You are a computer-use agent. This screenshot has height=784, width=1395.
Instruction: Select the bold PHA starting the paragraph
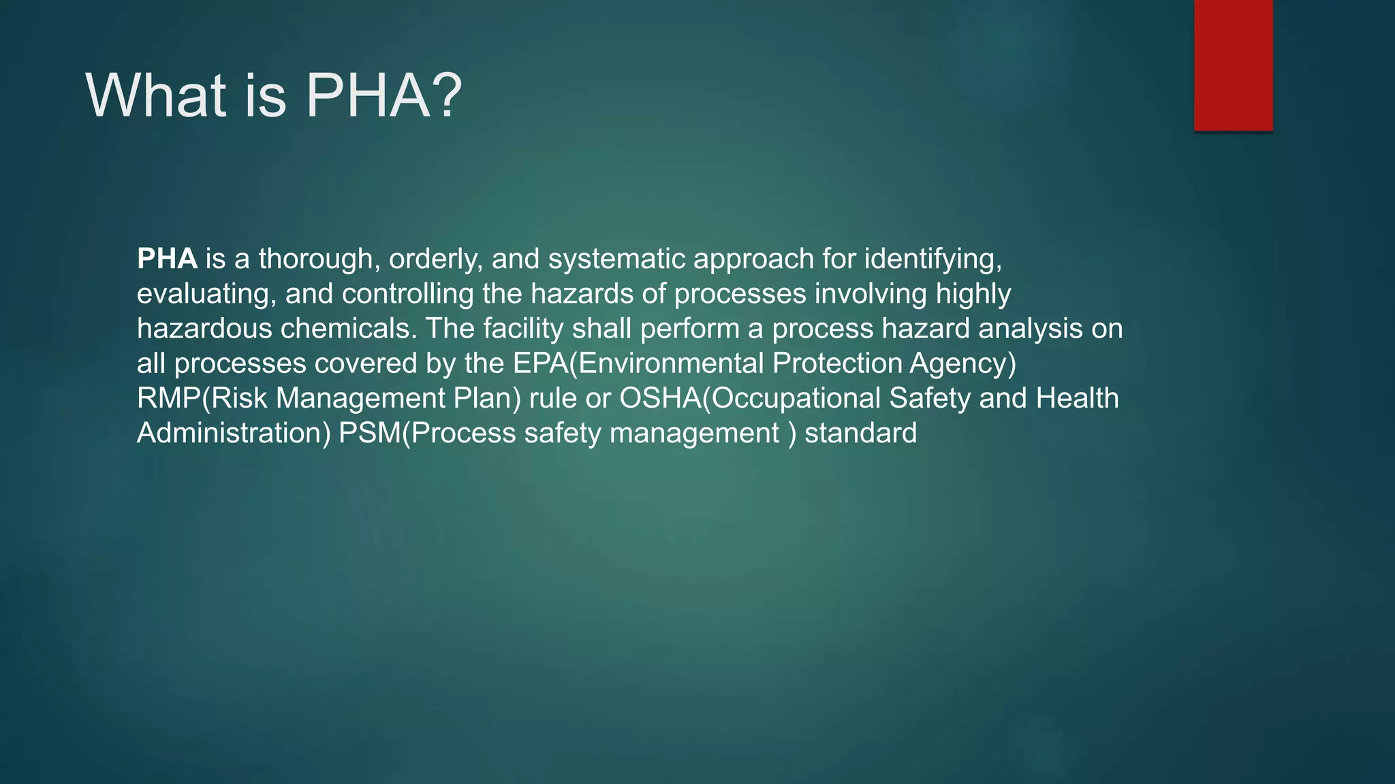[x=167, y=259]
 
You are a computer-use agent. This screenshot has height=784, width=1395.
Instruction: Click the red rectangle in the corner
[x=1233, y=65]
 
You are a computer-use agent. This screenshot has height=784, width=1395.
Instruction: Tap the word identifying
[x=932, y=259]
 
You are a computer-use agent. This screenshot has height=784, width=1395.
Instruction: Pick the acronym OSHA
[x=659, y=399]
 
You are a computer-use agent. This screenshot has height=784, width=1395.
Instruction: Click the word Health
[x=1077, y=399]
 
